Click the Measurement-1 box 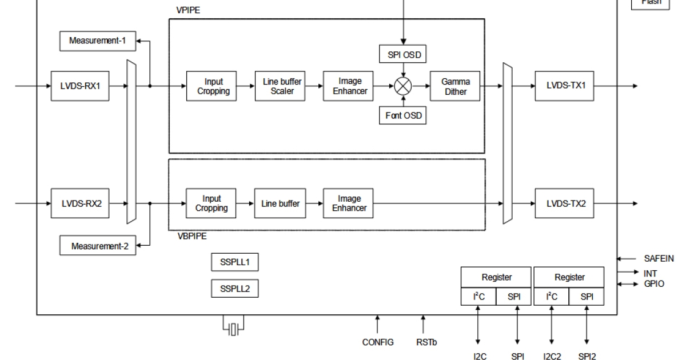97,41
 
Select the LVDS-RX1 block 80,86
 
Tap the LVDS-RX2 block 80,203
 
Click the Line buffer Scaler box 282,86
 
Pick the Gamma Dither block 455,86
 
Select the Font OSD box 403,116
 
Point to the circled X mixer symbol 403,86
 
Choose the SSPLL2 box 234,289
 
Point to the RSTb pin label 424,342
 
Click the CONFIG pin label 378,342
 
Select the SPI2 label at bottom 587,357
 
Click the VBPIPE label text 188,235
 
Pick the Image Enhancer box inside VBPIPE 349,203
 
